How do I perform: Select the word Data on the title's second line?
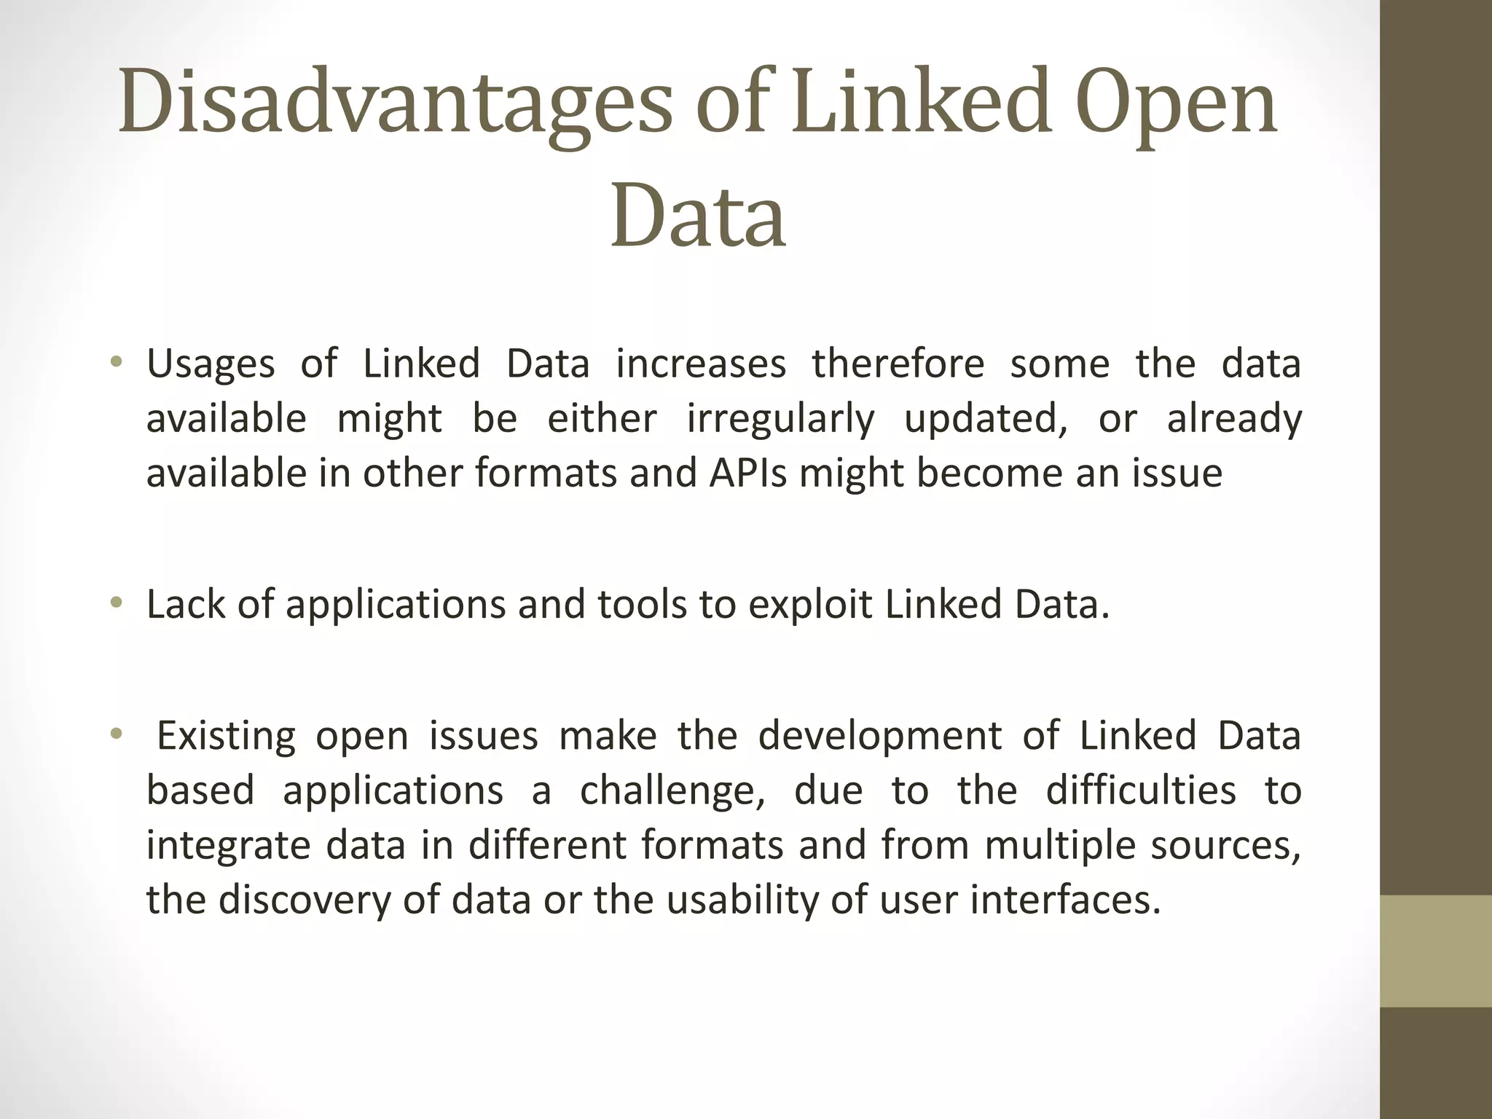698,216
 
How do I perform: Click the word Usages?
211,364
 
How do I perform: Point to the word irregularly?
780,420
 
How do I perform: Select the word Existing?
227,735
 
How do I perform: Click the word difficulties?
1141,790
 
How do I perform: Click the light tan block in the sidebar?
1436,951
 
